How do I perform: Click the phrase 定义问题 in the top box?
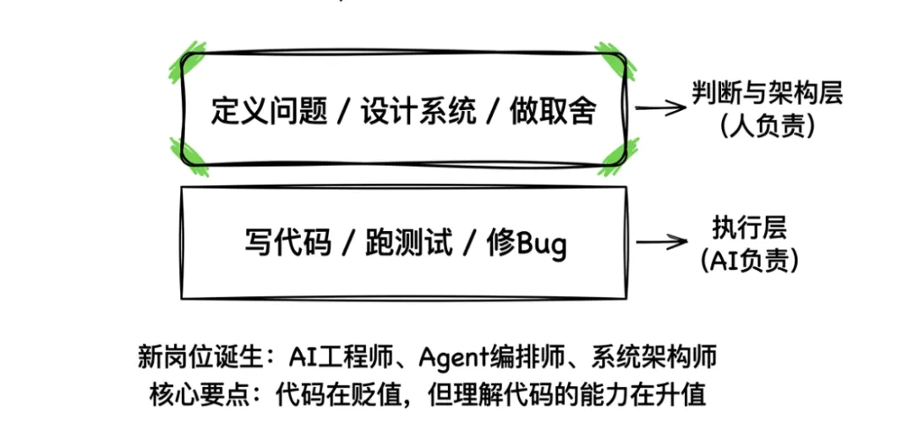[269, 111]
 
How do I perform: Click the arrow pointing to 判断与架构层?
[660, 108]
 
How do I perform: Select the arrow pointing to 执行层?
[662, 242]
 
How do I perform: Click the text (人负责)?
[767, 126]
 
